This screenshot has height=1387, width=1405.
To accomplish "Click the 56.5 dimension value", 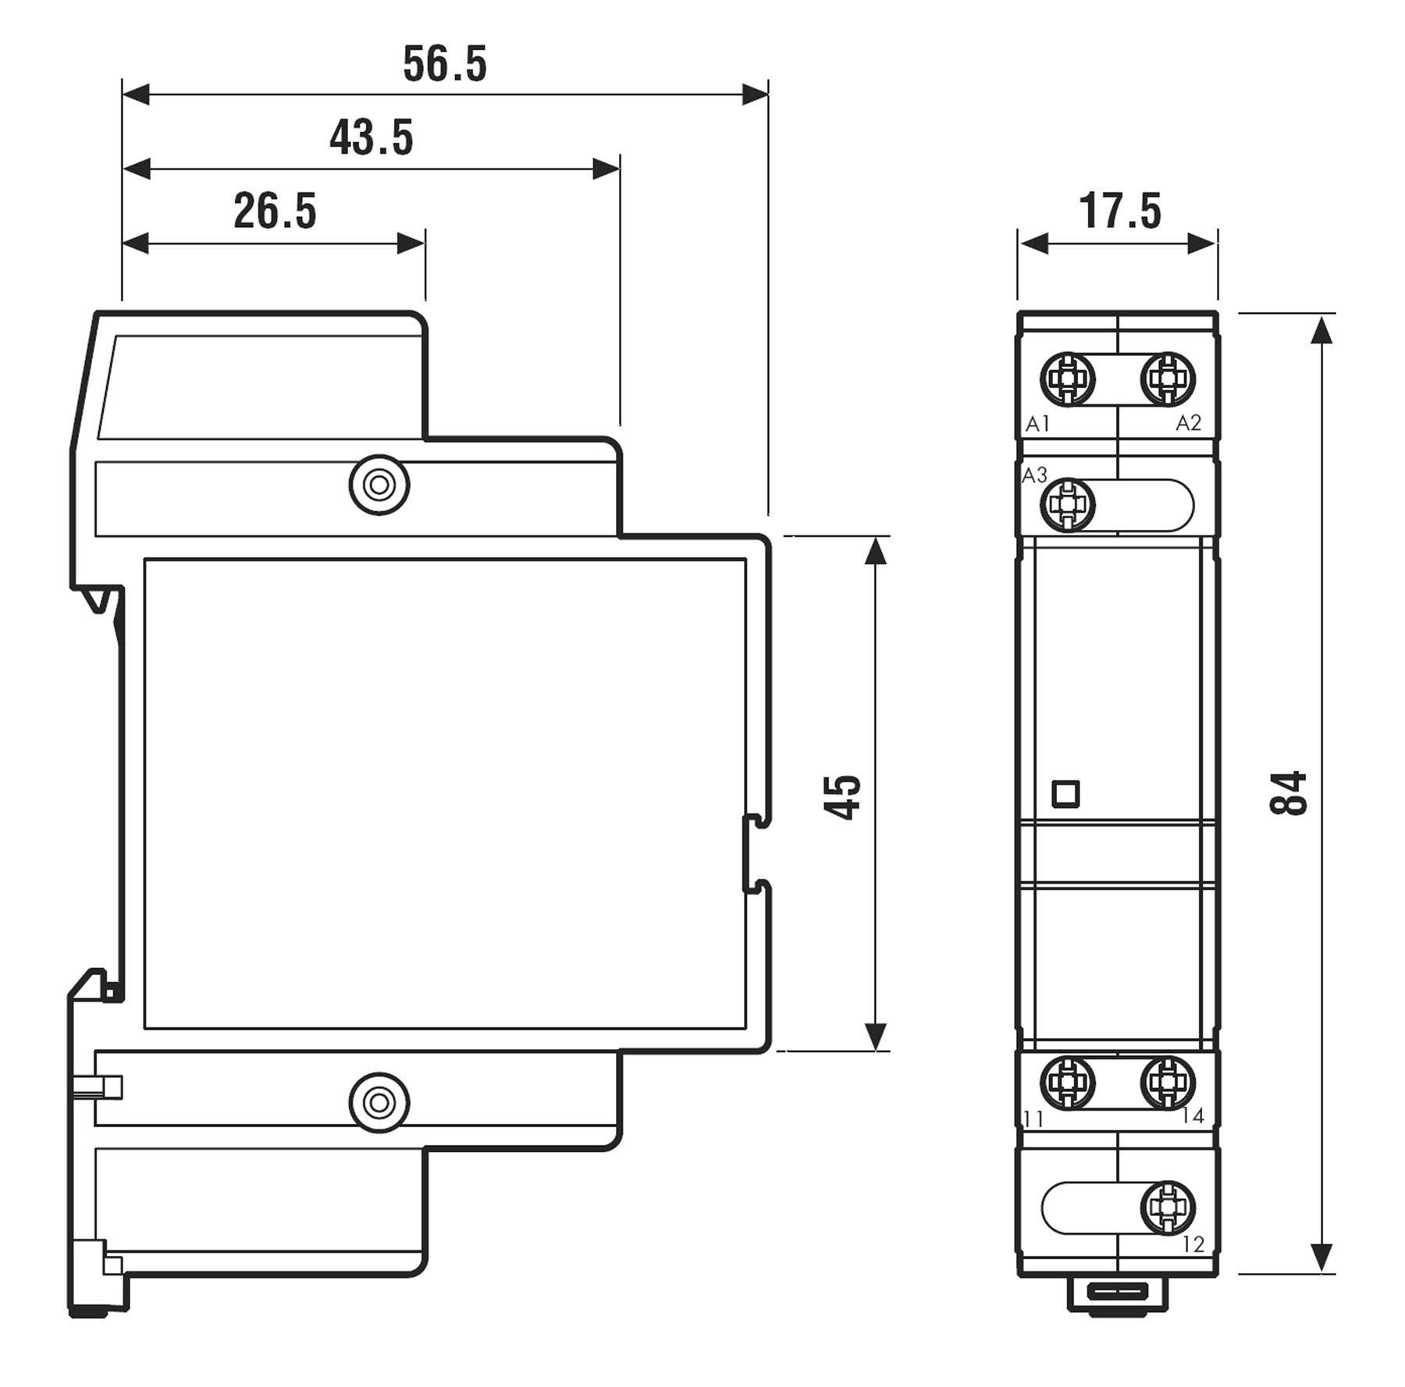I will pos(444,64).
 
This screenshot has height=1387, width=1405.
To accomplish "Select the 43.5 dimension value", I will pos(371,138).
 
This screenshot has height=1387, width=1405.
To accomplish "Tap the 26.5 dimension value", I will pos(275,212).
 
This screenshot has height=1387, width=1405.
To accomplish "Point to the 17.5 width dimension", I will pos(1119,212).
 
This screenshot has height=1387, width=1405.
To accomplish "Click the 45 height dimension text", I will pos(844,797).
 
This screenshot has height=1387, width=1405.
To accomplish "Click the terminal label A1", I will pos(1037,424).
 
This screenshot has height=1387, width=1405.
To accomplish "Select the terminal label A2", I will pos(1188,423).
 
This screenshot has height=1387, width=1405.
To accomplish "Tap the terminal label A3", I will pos(1034,475).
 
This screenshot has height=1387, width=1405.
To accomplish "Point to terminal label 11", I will pos(1033,1120).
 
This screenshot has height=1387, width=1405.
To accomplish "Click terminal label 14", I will pos(1192,1116).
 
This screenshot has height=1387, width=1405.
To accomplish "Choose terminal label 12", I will pos(1193,1244).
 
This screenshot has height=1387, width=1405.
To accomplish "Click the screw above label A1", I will pos(1067,379).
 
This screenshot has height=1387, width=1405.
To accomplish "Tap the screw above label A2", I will pos(1168,379).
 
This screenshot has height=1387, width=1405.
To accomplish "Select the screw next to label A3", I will pos(1067,505).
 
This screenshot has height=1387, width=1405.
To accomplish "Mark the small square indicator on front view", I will pos(1065,794).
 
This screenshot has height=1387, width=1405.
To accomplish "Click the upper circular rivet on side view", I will pos(379,485).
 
